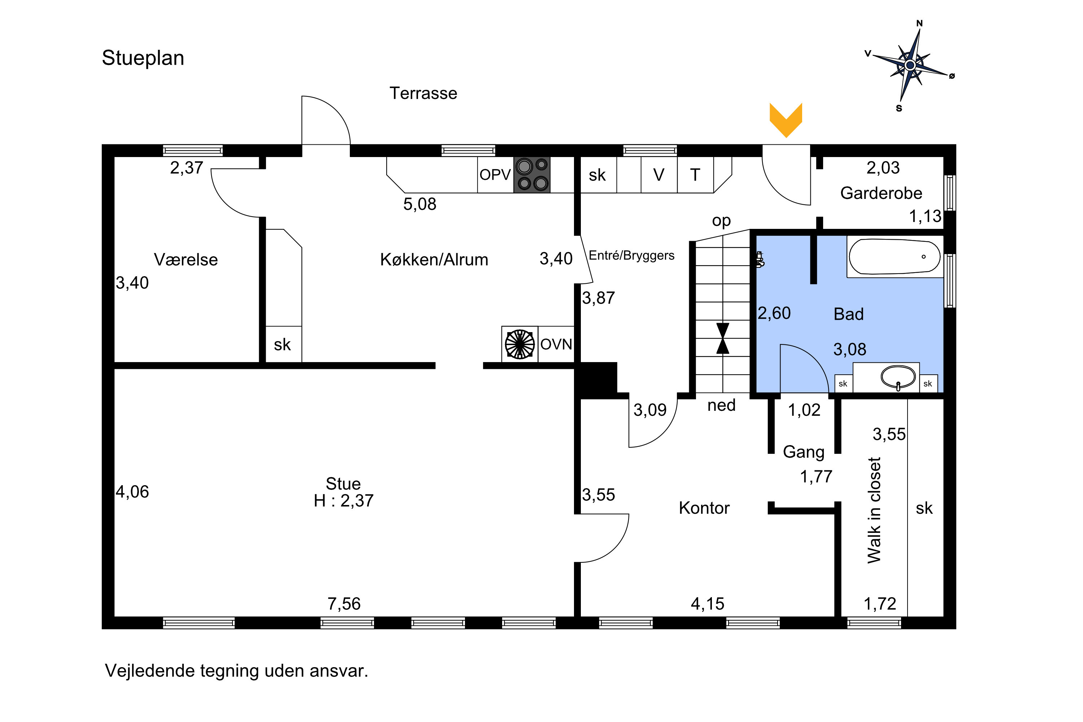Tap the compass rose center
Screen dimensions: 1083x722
(x=909, y=65)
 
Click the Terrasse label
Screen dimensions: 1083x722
(x=423, y=93)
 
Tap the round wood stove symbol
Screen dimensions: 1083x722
(x=519, y=344)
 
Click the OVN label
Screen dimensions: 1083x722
(x=556, y=344)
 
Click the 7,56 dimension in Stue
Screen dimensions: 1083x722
(x=344, y=604)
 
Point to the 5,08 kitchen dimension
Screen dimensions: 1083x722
(x=419, y=204)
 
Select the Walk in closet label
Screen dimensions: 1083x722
(x=874, y=510)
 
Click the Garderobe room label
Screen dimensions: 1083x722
(x=881, y=193)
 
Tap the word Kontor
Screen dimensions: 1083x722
(x=704, y=508)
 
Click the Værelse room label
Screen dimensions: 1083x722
(x=186, y=260)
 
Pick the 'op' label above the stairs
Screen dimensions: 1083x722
(x=721, y=221)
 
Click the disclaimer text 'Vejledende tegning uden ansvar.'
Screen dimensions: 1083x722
(x=237, y=671)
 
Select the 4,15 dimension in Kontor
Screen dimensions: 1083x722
(x=707, y=604)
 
